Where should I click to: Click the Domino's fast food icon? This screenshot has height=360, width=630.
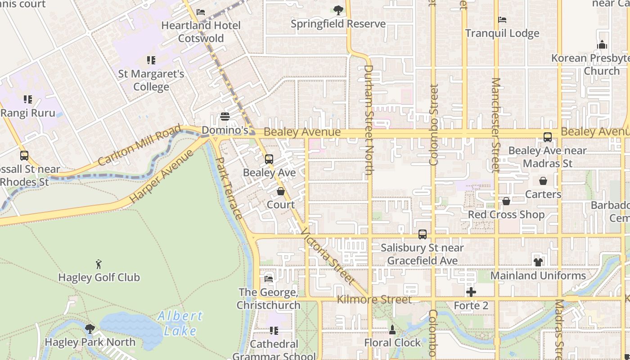click(x=225, y=117)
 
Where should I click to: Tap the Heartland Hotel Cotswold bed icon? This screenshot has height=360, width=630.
click(x=201, y=12)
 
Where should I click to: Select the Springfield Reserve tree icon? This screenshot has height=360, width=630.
click(x=338, y=10)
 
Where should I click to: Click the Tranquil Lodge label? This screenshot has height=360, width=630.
click(x=502, y=33)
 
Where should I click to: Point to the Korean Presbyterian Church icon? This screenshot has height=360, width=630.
click(x=602, y=45)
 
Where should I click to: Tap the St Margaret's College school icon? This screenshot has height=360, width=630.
click(x=151, y=60)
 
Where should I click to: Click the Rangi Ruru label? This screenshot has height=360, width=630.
click(x=28, y=113)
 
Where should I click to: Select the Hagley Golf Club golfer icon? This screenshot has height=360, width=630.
click(x=99, y=264)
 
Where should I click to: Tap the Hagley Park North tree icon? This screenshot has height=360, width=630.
click(x=90, y=329)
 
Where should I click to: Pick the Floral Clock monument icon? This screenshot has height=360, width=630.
click(x=392, y=330)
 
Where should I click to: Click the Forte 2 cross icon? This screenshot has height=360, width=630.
click(x=471, y=292)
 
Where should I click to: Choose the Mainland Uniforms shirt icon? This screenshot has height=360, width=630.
click(x=538, y=262)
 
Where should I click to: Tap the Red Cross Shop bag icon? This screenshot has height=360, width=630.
click(x=506, y=201)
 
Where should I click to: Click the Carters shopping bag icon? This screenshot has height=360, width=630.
click(x=543, y=181)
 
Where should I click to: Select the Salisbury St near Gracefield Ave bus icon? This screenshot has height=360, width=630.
click(x=422, y=234)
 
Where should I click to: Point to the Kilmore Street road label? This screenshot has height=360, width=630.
click(x=374, y=299)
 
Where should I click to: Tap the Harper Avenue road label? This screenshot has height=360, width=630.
click(x=161, y=176)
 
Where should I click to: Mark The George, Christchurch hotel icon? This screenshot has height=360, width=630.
click(x=269, y=279)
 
